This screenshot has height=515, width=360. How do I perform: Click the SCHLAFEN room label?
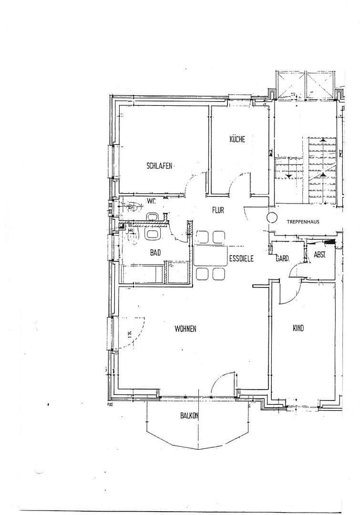[160, 166]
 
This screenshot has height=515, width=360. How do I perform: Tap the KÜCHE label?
[237, 139]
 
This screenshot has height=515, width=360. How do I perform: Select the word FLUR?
[218, 210]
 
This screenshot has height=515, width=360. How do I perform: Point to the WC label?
[152, 200]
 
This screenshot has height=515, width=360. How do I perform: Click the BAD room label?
[155, 253]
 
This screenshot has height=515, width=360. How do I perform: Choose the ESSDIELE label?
[241, 259]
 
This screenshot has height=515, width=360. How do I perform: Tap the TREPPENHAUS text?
[303, 222]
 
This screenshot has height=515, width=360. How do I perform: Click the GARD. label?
[283, 259]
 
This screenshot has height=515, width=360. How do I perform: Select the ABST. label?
[320, 255]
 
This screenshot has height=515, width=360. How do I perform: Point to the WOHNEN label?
[185, 329]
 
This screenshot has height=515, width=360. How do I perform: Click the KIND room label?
[298, 328]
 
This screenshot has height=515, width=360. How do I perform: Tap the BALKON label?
[189, 415]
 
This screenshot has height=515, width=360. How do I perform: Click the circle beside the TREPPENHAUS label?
[272, 218]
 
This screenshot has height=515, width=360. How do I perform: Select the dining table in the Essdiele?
[210, 255]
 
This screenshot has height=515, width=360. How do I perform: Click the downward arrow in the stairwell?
[289, 174]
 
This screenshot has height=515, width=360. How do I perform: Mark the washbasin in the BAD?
[153, 234]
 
